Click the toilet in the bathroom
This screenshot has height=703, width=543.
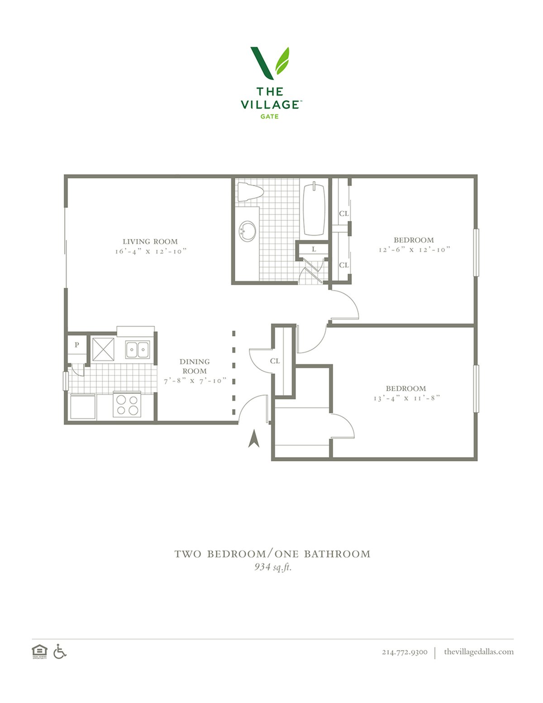tap(250, 192)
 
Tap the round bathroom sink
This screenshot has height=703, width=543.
tap(248, 231)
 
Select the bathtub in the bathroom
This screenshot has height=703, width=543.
tap(314, 209)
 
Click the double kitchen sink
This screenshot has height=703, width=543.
tap(138, 349)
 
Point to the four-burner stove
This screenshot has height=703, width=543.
tap(127, 404)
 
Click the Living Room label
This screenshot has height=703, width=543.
tap(150, 241)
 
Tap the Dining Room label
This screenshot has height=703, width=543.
tap(195, 366)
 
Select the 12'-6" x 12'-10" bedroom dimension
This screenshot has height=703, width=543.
tap(414, 249)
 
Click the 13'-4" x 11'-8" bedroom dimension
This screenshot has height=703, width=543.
tap(407, 398)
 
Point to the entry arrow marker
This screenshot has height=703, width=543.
tap(254, 438)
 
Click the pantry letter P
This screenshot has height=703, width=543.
tap(76, 345)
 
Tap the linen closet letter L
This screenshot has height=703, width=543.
tap(314, 249)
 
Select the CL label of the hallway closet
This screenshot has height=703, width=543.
tap(275, 361)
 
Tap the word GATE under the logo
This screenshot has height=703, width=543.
tap(269, 116)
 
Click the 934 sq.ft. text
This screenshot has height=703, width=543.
tap(273, 567)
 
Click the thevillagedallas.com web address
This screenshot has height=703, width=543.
tap(479, 651)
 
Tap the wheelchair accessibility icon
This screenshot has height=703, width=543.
tap(60, 651)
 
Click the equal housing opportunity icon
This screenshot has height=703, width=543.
tap(39, 651)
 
